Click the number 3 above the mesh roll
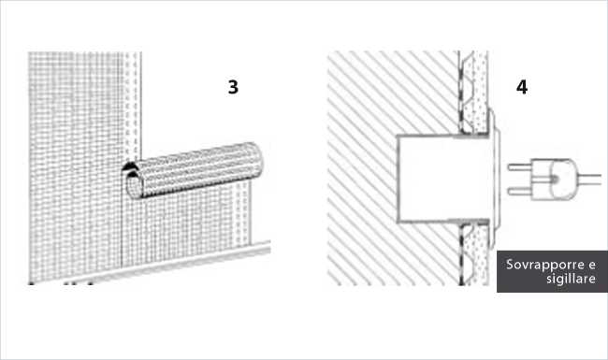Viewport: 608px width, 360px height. click(x=233, y=87)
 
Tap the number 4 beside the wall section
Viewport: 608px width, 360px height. click(x=521, y=87)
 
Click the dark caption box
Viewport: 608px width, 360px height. click(x=552, y=272)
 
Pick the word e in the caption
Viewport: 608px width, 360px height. click(x=591, y=265)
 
